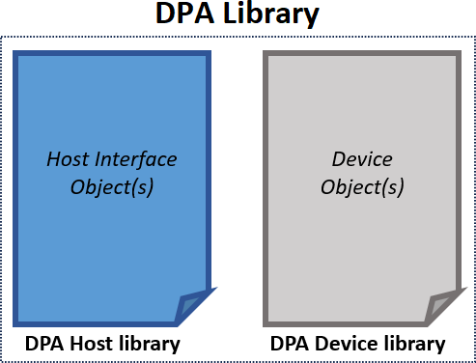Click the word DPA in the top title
[185, 15]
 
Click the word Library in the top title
[270, 15]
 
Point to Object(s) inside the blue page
[113, 186]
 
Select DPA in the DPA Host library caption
[44, 344]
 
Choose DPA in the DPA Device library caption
[289, 344]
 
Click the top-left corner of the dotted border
[3, 38]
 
